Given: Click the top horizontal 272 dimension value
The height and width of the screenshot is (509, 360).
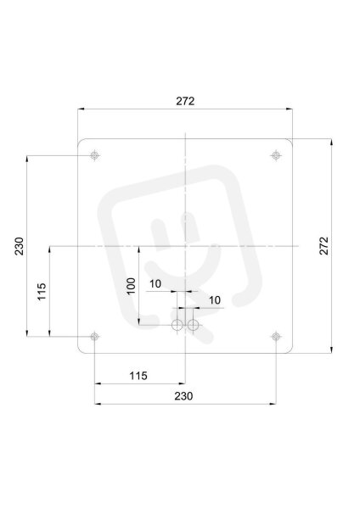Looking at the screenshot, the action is tap(185, 101).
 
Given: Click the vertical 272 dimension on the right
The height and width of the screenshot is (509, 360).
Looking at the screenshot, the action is tap(324, 246).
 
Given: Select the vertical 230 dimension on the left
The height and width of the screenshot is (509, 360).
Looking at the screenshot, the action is tap(20, 246).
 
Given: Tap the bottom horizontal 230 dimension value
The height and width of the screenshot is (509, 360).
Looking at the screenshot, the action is tap(183, 396).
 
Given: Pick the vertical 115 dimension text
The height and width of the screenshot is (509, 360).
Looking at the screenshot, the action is tap(42, 292).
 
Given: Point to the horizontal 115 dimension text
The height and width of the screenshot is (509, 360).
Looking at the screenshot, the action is tap(138, 376).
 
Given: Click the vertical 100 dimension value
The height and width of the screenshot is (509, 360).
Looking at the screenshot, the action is tap(131, 286).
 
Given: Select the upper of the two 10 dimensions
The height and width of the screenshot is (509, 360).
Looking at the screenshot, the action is tap(155, 284).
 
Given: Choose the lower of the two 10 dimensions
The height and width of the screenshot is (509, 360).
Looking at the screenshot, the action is tap(215, 300).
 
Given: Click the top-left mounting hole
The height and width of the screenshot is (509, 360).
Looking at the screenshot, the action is tap(94, 155).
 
